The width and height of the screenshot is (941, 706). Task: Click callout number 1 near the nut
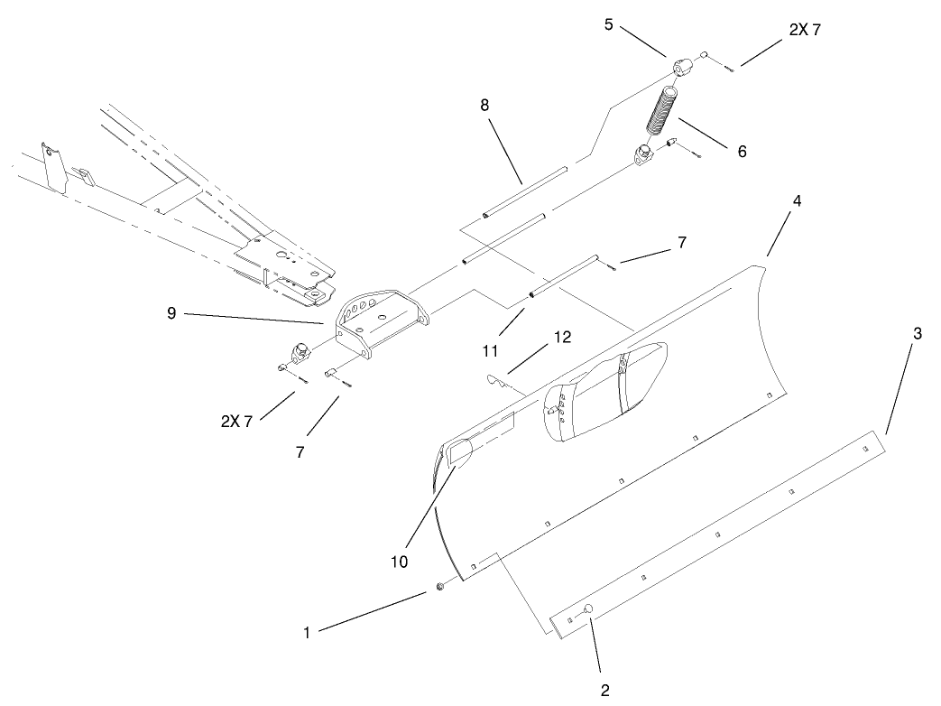click(307, 634)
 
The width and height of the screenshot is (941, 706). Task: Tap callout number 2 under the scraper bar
click(605, 691)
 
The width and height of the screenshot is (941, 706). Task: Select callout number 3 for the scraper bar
click(917, 333)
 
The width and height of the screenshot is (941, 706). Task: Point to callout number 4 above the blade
click(795, 200)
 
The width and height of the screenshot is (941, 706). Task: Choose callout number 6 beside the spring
click(742, 151)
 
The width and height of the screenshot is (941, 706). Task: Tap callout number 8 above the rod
click(484, 105)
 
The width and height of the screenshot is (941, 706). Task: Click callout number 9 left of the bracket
click(171, 314)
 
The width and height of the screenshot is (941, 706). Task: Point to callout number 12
click(562, 338)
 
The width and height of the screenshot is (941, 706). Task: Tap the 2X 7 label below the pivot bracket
click(237, 422)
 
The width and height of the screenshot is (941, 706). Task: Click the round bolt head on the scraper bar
click(586, 609)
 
